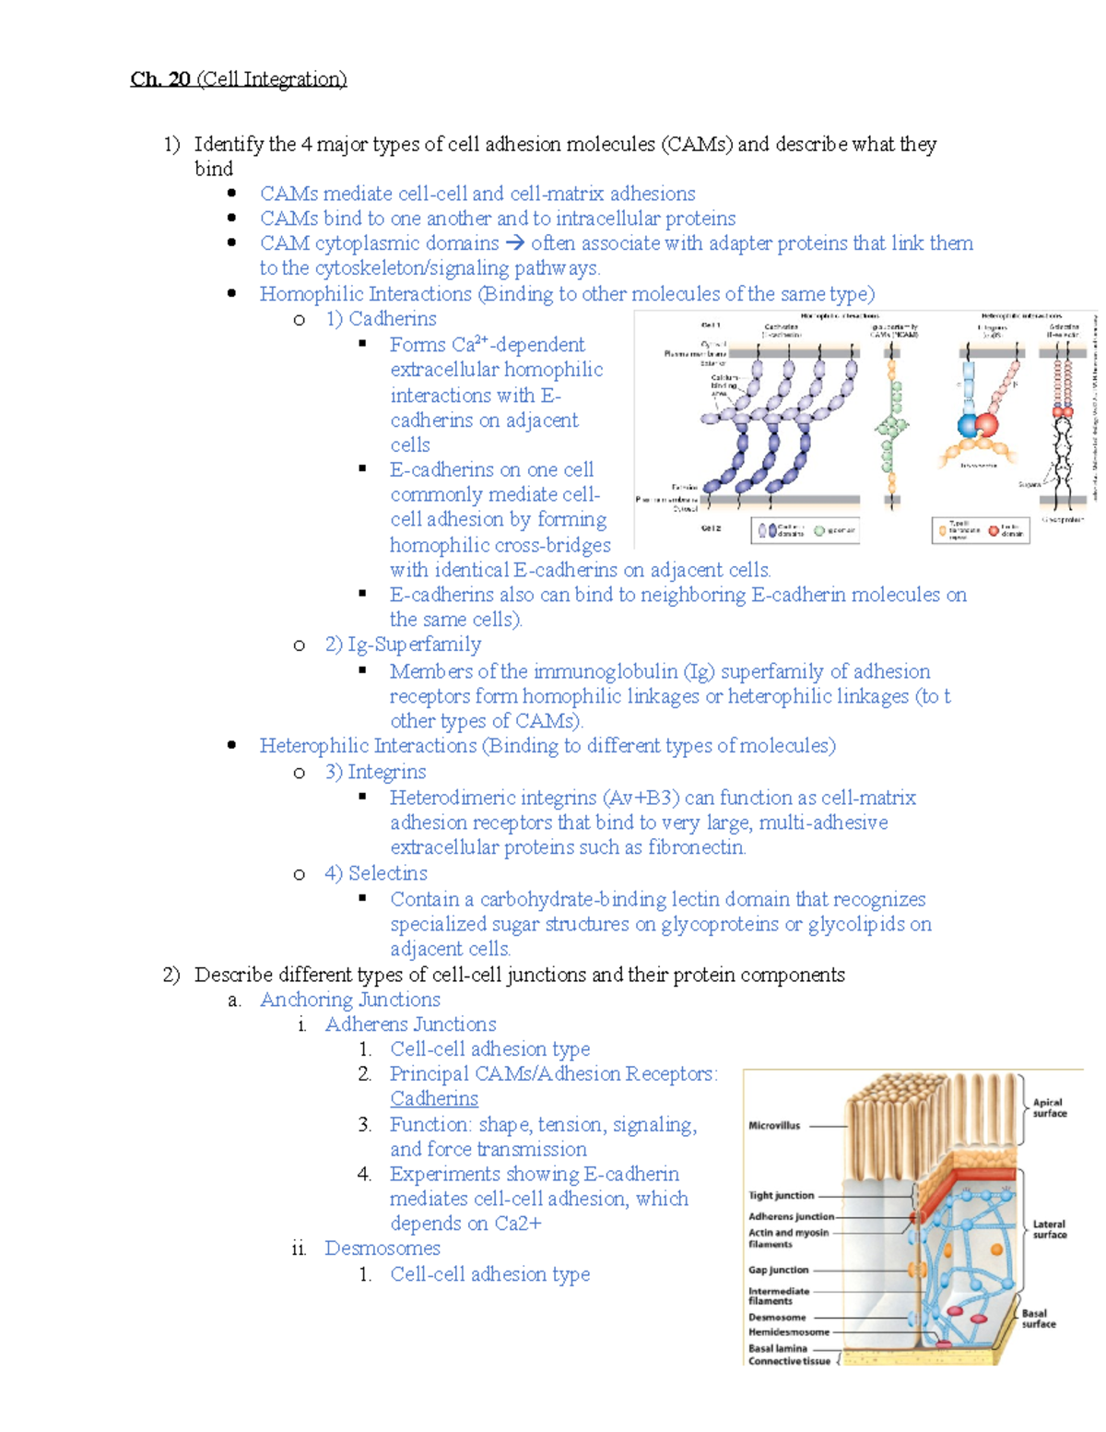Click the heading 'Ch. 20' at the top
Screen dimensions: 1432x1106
click(160, 79)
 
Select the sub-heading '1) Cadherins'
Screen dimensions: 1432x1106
click(381, 319)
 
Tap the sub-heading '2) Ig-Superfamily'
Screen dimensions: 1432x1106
click(403, 645)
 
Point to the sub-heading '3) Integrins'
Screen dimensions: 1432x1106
click(375, 772)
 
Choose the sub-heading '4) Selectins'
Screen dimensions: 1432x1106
click(376, 873)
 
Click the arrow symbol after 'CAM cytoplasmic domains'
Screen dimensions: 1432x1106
click(514, 243)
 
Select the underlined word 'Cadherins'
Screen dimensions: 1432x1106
click(434, 1099)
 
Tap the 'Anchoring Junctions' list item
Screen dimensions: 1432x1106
click(350, 1000)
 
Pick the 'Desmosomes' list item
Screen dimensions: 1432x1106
click(382, 1249)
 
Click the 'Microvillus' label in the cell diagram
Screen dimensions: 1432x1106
click(774, 1126)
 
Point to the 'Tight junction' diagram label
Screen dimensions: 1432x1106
click(782, 1195)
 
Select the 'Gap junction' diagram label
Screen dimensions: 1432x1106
click(778, 1270)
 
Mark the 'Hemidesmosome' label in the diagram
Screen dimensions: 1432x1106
click(788, 1331)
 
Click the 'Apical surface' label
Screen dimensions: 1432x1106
click(1049, 1107)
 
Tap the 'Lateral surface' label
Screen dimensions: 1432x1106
click(1049, 1229)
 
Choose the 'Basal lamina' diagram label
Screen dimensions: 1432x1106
click(778, 1348)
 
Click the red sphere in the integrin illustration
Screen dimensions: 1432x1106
click(987, 425)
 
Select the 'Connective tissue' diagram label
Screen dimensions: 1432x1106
click(789, 1361)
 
